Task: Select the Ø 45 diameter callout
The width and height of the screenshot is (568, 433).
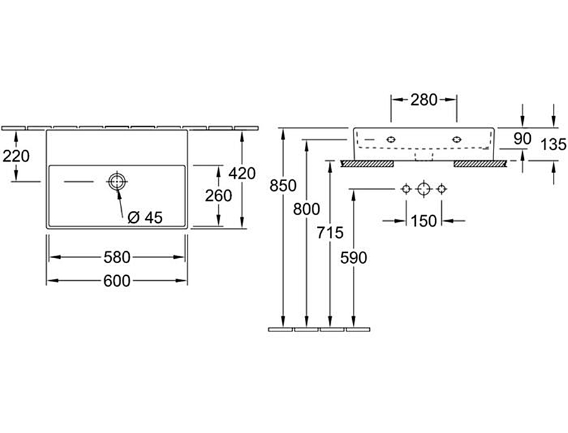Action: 145,218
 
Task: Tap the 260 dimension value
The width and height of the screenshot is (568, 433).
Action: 219,196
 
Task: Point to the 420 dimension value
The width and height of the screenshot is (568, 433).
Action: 243,172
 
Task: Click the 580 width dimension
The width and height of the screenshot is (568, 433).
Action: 117,258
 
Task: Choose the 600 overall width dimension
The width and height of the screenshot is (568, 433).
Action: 117,281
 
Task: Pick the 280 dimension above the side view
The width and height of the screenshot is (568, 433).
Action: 424,99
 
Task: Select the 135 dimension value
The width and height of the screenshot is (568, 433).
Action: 554,145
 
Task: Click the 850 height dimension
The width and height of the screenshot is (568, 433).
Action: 282,186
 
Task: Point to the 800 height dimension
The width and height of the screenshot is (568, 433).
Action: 307,209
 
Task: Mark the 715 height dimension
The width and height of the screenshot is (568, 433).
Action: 331,232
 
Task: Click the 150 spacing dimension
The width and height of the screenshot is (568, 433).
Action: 423,221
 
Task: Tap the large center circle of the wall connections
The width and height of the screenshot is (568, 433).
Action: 423,188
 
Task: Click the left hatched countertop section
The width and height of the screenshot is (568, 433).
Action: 367,164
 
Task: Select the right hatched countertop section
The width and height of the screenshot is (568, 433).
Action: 480,164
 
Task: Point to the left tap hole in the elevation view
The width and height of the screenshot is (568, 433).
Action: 392,138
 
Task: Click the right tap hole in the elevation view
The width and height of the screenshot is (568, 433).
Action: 456,138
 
